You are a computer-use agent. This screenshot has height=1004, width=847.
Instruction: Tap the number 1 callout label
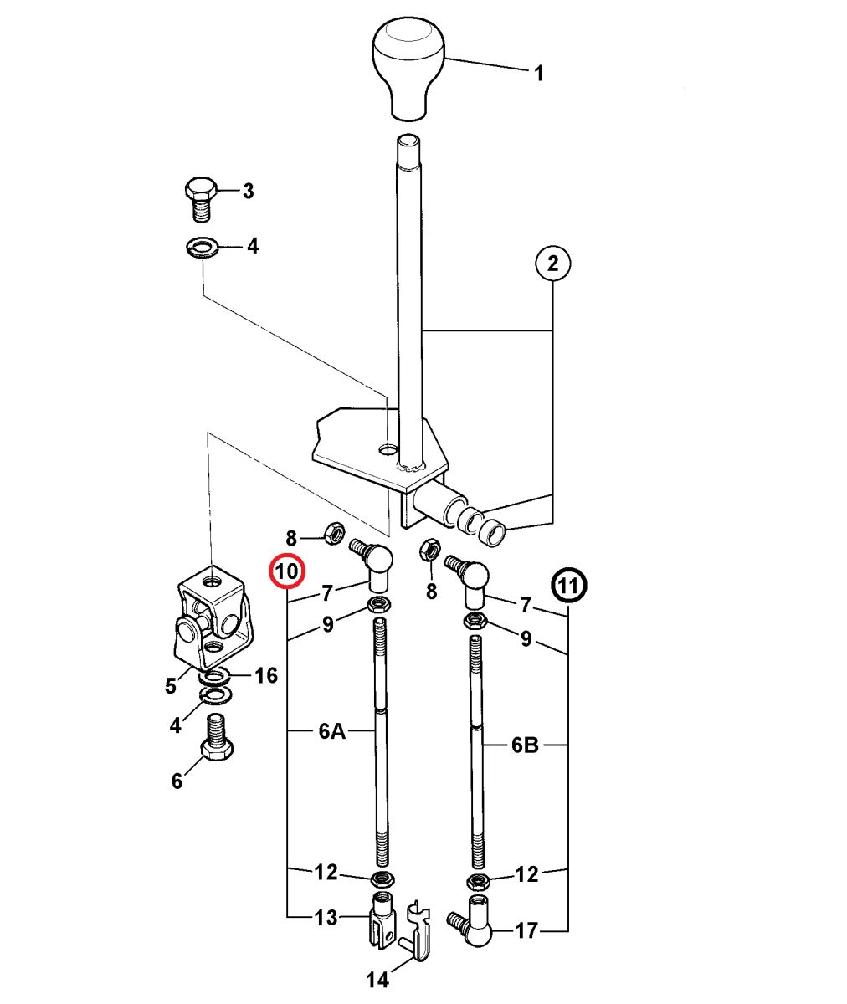pos(539,74)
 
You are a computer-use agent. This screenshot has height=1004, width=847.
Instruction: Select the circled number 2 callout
pos(552,264)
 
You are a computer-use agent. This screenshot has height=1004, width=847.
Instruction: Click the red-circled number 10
pos(287,572)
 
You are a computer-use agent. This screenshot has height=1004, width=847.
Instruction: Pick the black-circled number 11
pos(569,586)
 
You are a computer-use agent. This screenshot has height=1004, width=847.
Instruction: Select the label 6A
pos(331,732)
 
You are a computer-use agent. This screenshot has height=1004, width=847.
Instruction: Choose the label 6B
pos(525,745)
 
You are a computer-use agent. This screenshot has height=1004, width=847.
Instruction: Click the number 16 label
pos(265,675)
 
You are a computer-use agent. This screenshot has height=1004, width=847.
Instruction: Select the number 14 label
pos(378,980)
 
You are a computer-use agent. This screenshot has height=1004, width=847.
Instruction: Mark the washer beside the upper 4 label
pos(202,248)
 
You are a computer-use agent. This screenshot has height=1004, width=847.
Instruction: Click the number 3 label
pos(248,192)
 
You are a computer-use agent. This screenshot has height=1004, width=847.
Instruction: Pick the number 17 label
pos(526,930)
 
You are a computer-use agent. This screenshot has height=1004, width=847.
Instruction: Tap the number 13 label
pos(326,918)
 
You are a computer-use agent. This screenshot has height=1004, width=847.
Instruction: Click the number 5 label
pos(171,686)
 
